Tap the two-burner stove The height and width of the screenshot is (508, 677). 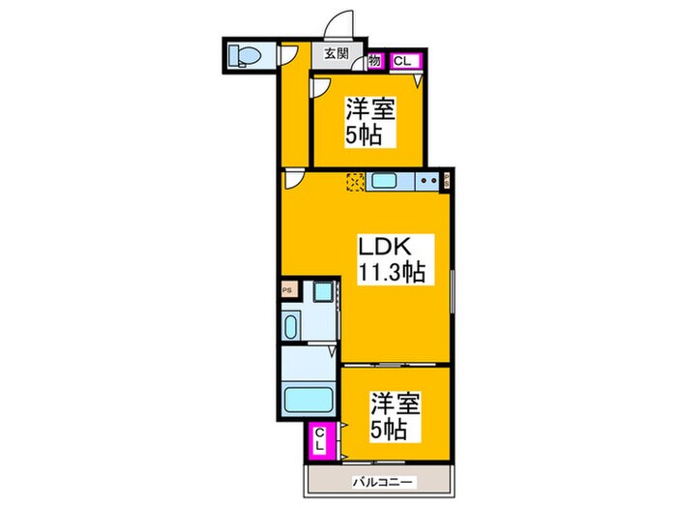tap(427, 181)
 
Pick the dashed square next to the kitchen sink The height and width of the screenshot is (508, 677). tap(355, 181)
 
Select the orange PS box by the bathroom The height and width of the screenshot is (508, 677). tap(286, 288)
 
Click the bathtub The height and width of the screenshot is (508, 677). tap(308, 398)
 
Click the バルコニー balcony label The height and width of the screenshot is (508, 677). tap(379, 481)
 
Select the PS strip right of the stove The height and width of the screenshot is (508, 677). tap(448, 179)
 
